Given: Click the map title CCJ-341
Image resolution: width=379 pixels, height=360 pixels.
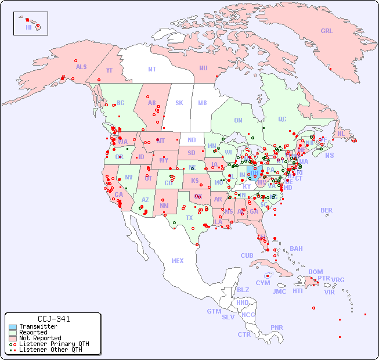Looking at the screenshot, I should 53,319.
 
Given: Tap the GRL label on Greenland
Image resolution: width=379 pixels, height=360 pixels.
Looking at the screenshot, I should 327,31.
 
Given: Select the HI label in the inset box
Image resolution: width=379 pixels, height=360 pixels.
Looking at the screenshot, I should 28,27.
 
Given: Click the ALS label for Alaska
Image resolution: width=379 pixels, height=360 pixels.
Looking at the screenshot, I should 81,67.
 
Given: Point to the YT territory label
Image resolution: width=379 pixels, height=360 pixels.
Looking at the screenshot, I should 109,70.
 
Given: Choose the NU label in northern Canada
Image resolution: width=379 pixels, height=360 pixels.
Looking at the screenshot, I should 203,68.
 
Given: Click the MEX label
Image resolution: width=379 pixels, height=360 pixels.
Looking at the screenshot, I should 177,261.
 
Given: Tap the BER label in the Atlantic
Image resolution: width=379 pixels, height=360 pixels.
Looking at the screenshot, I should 326,210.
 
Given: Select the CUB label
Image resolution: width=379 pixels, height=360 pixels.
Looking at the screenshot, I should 247,255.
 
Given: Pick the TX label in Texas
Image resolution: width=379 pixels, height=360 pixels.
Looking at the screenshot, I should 189,218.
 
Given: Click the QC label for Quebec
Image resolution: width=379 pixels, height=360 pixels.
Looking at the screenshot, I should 282,119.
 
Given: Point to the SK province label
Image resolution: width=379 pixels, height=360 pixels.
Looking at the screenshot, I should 179,103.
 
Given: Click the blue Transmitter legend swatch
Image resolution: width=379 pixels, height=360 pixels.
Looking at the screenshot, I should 12,327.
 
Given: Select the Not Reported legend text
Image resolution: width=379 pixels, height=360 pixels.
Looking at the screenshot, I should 40,338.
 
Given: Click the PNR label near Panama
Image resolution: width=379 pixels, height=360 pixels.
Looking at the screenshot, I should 277,327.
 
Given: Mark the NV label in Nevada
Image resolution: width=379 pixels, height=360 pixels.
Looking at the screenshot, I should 129,177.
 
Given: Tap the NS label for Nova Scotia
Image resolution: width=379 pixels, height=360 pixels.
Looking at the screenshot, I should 329,155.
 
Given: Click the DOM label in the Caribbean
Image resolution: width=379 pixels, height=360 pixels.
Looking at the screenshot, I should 315,272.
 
